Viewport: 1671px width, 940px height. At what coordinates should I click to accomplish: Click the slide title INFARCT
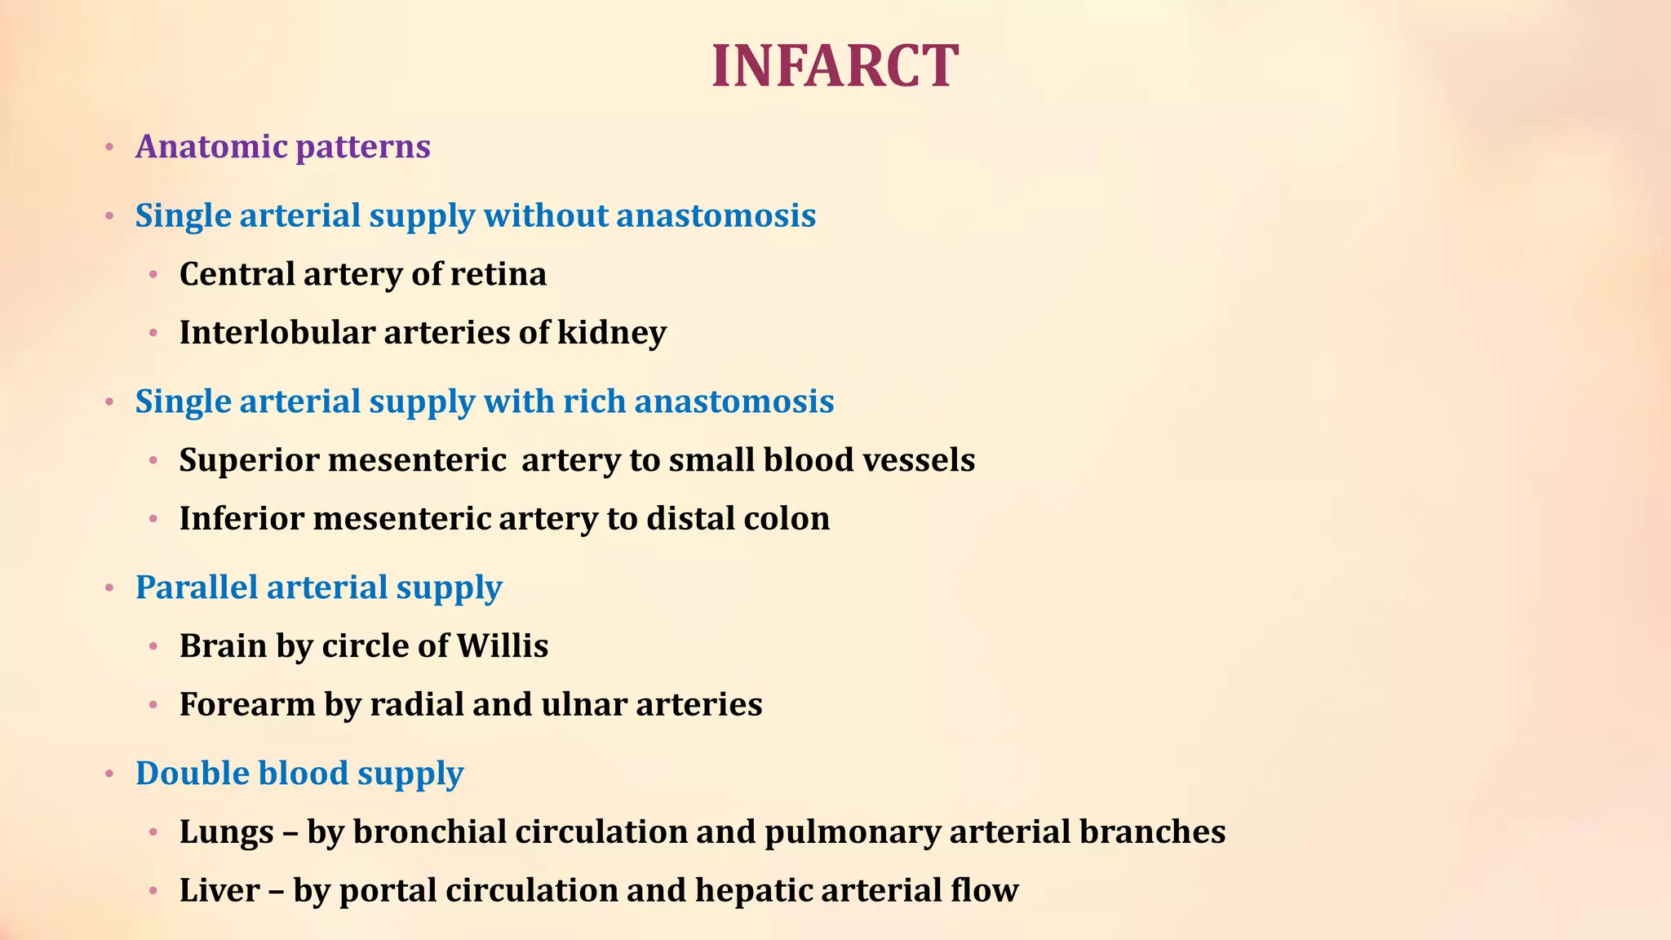click(x=835, y=66)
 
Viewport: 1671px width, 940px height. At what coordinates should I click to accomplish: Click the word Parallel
click(x=196, y=587)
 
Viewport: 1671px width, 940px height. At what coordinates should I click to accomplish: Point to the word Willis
click(x=502, y=646)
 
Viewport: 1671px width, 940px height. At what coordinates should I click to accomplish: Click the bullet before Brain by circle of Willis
click(x=153, y=647)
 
